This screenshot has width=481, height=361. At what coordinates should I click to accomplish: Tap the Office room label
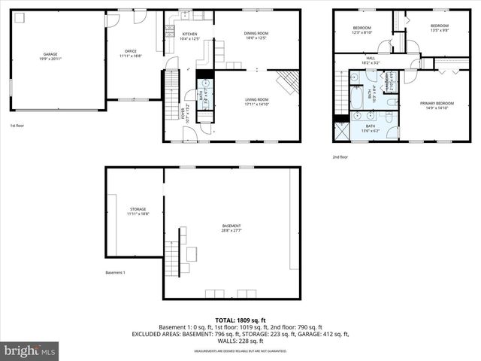click(130, 53)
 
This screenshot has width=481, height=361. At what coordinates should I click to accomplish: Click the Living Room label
click(256, 102)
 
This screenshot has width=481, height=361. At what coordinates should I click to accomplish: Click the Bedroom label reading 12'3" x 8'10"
click(362, 31)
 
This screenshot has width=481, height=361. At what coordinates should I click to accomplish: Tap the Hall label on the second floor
click(371, 60)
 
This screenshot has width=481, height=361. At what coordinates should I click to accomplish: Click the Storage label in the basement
click(137, 211)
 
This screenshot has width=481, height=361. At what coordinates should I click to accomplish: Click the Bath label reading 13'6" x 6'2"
click(371, 129)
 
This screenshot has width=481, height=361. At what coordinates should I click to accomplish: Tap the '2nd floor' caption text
click(340, 156)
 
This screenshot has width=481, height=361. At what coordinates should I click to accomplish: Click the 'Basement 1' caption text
click(115, 272)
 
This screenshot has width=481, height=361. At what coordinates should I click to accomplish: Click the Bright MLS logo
click(30, 350)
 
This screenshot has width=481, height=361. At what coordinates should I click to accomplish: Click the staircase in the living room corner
click(288, 80)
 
